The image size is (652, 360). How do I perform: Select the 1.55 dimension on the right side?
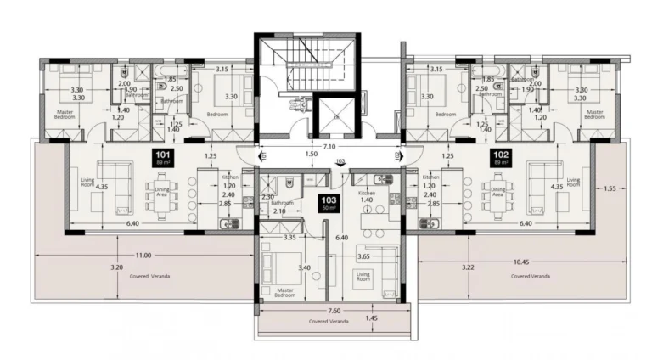610,188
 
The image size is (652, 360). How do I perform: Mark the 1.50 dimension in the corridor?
312,155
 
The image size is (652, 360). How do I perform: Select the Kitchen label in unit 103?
367,194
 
